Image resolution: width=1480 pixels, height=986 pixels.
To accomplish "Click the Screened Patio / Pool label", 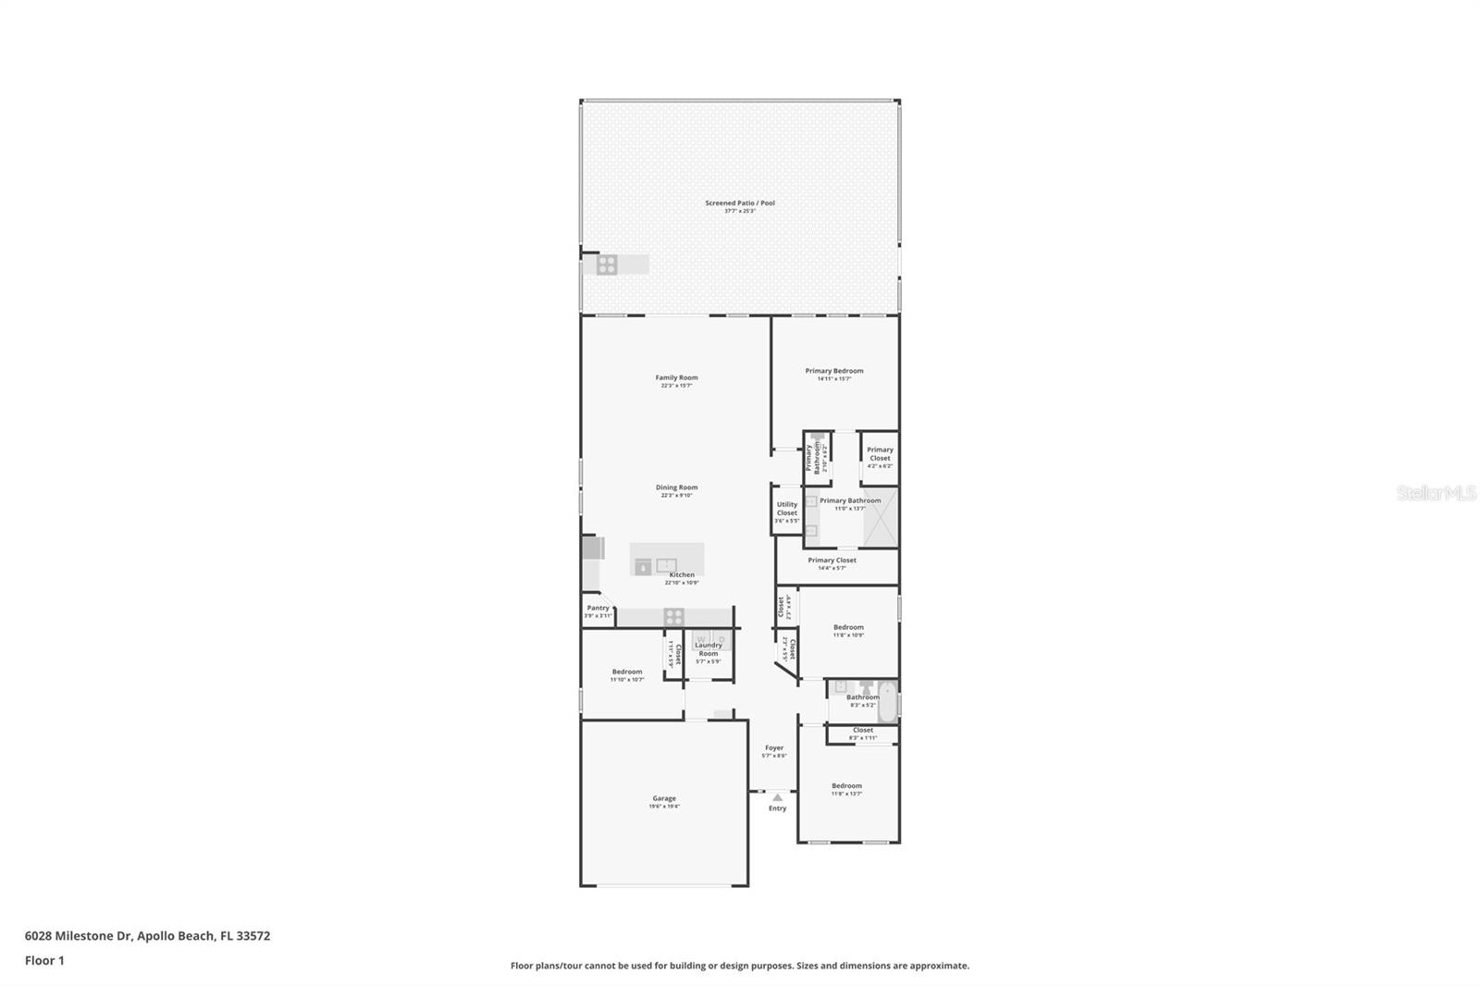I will pyautogui.click(x=739, y=203).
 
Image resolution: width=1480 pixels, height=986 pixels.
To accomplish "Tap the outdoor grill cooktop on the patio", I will pyautogui.click(x=607, y=265).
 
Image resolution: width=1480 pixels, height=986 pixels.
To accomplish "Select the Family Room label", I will pyautogui.click(x=676, y=377).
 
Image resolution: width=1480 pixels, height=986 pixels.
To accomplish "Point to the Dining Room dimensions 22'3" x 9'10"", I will pyautogui.click(x=676, y=496).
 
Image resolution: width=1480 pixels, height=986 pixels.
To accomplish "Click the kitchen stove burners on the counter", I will pyautogui.click(x=673, y=616).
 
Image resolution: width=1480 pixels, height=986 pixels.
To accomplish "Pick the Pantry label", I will pyautogui.click(x=598, y=608).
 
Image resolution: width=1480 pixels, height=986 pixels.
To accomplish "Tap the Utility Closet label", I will pyautogui.click(x=786, y=509).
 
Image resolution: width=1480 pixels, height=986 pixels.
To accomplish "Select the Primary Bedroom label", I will pyautogui.click(x=833, y=371).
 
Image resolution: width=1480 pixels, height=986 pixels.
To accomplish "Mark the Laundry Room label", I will pyautogui.click(x=708, y=649).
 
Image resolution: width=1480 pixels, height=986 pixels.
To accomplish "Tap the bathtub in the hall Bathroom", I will pyautogui.click(x=886, y=701).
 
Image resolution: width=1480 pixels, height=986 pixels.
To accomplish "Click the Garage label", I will pyautogui.click(x=663, y=798).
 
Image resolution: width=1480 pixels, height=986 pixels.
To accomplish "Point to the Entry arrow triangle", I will pyautogui.click(x=777, y=796).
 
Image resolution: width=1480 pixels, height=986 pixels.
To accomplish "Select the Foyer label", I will pyautogui.click(x=773, y=747).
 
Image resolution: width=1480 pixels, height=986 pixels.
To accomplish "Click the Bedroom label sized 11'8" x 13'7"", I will pyautogui.click(x=845, y=786).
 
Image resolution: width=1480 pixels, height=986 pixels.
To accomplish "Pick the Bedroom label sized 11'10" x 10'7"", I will pyautogui.click(x=626, y=672).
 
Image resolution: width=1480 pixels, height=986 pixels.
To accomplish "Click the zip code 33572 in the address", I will pyautogui.click(x=253, y=936).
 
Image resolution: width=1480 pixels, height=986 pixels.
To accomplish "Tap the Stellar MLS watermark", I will pyautogui.click(x=1436, y=493).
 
